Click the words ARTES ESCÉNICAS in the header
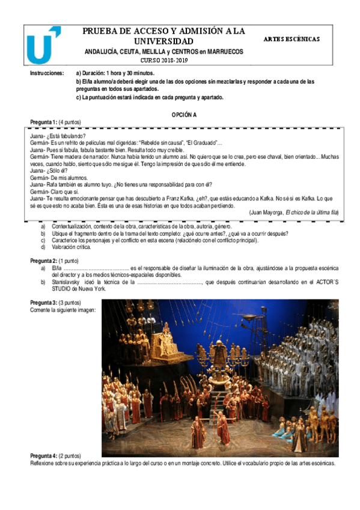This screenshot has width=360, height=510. (x=291, y=39)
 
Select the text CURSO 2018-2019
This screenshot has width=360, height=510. (x=164, y=61)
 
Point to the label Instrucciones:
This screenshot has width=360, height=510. (x=46, y=73)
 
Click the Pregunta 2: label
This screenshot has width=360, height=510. (x=44, y=260)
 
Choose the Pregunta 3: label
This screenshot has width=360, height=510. (x=44, y=302)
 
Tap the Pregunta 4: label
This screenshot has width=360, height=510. (x=44, y=456)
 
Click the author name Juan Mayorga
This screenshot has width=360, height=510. (x=266, y=212)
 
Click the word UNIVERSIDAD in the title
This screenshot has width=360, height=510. (x=163, y=41)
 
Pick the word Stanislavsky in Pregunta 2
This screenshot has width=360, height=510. (x=66, y=281)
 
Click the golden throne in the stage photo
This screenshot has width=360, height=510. (x=163, y=342)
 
